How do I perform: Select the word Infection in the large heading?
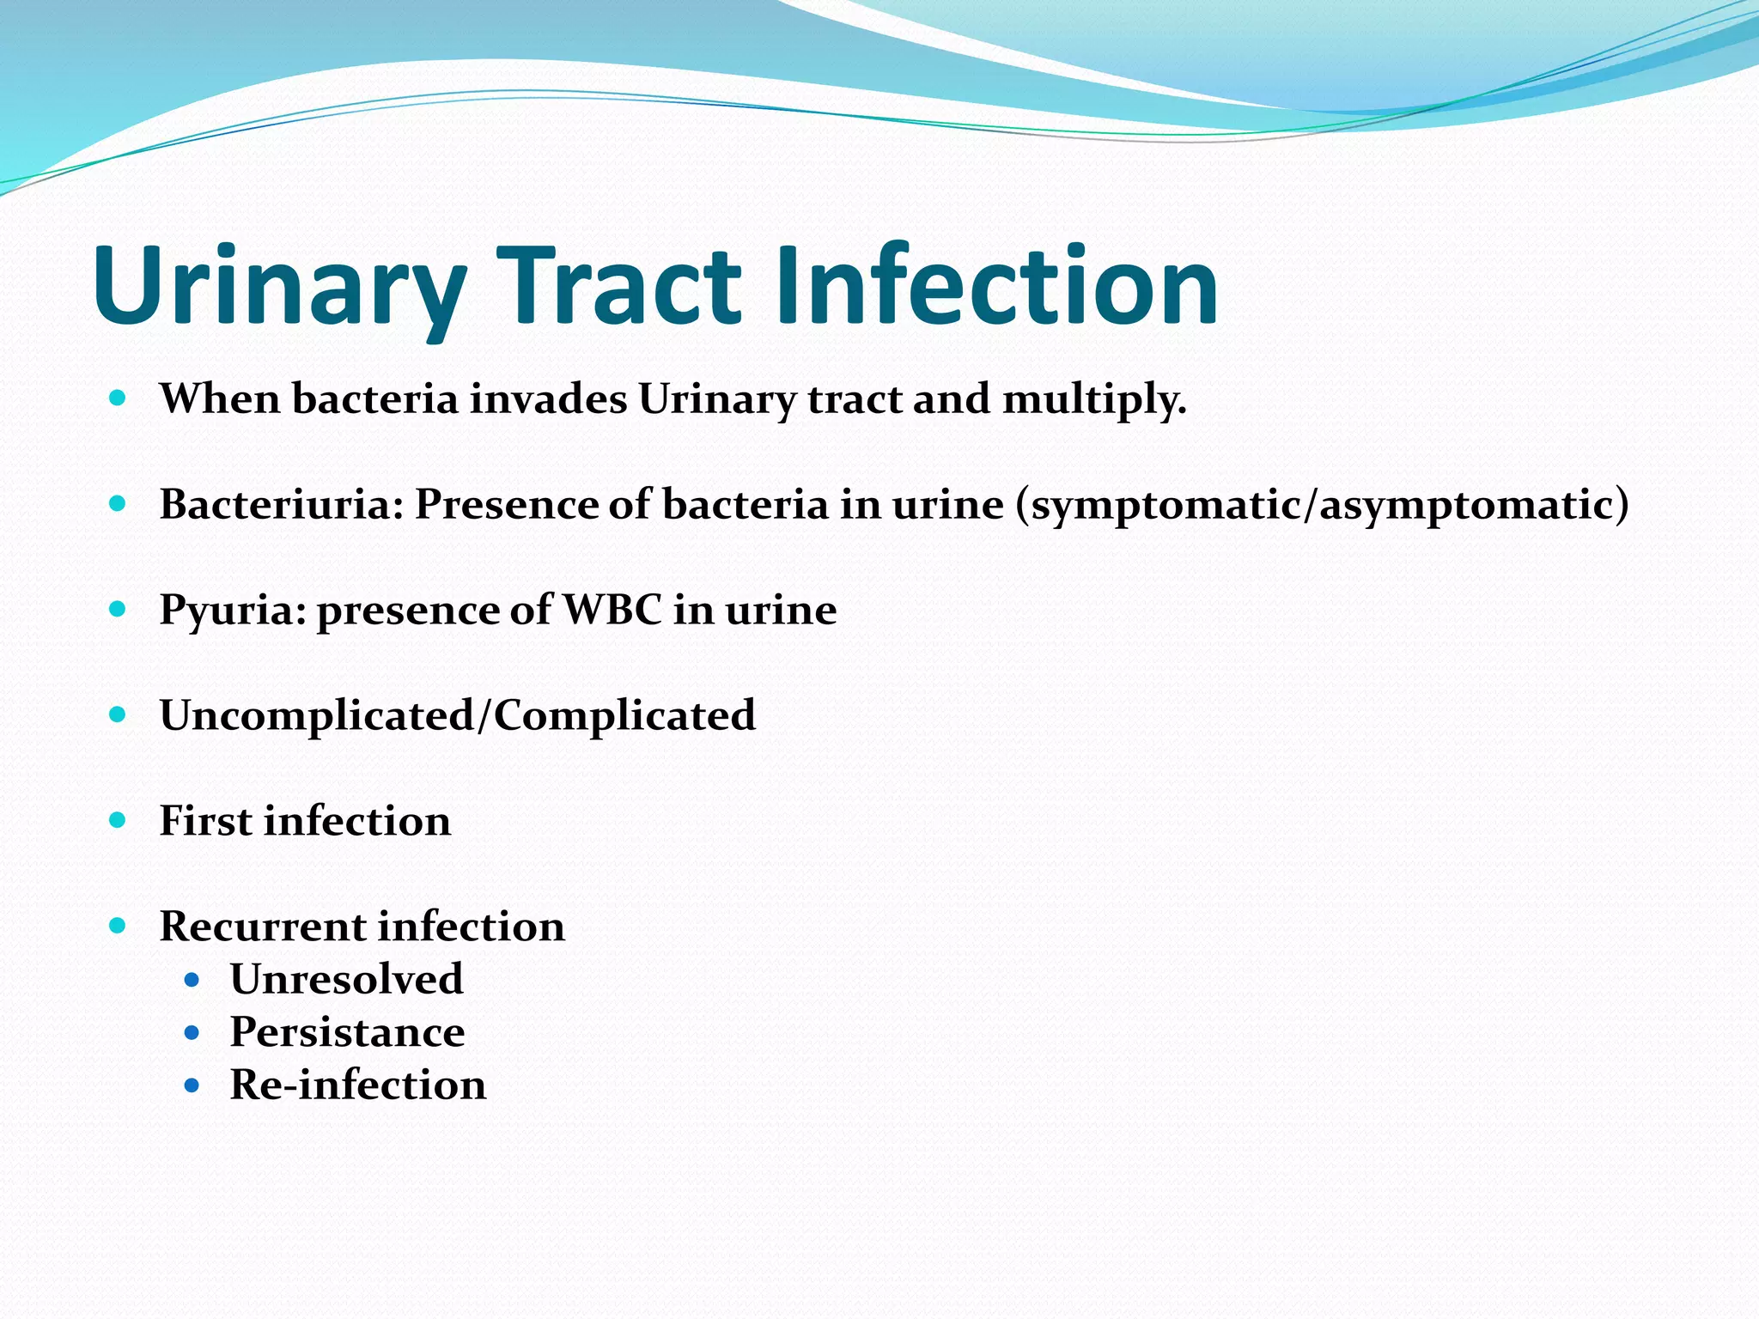click(996, 285)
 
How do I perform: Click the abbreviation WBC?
click(612, 610)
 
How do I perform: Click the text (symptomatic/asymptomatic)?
click(1322, 505)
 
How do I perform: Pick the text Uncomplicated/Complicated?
click(457, 715)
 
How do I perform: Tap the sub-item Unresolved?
click(346, 979)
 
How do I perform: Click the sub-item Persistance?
click(347, 1031)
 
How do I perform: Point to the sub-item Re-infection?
click(357, 1085)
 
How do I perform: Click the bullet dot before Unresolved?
click(192, 980)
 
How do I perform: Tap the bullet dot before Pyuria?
click(118, 610)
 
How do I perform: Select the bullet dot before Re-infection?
click(192, 1085)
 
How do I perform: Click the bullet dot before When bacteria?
click(118, 398)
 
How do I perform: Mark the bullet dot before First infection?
click(118, 820)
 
